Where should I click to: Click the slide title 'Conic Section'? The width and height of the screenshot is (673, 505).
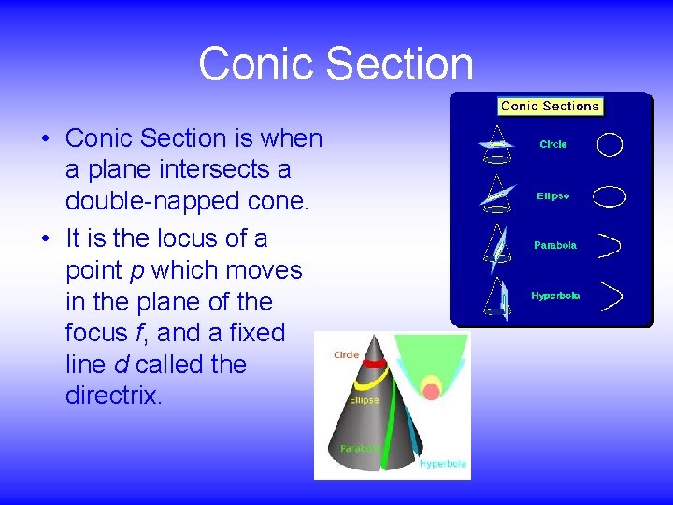[x=336, y=64]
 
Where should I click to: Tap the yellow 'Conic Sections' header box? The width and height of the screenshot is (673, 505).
[x=550, y=107]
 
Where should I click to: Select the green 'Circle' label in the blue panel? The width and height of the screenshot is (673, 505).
[x=553, y=145]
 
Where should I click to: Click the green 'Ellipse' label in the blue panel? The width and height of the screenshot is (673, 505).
[x=553, y=196]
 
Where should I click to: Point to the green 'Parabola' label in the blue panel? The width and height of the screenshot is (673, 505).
[x=555, y=246]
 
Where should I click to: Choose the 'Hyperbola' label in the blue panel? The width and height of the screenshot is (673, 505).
[x=555, y=296]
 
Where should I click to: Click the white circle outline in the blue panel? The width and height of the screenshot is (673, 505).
[x=609, y=145]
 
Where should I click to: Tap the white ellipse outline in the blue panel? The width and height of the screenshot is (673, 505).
[x=609, y=196]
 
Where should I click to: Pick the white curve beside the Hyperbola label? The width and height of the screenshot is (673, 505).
[x=611, y=296]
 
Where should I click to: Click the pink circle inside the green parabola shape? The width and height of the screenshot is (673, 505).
[x=431, y=392]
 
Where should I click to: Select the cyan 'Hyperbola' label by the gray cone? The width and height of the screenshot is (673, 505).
[x=444, y=464]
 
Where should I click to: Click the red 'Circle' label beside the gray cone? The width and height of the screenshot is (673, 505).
[x=347, y=355]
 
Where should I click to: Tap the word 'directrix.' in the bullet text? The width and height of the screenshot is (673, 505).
[x=114, y=396]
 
